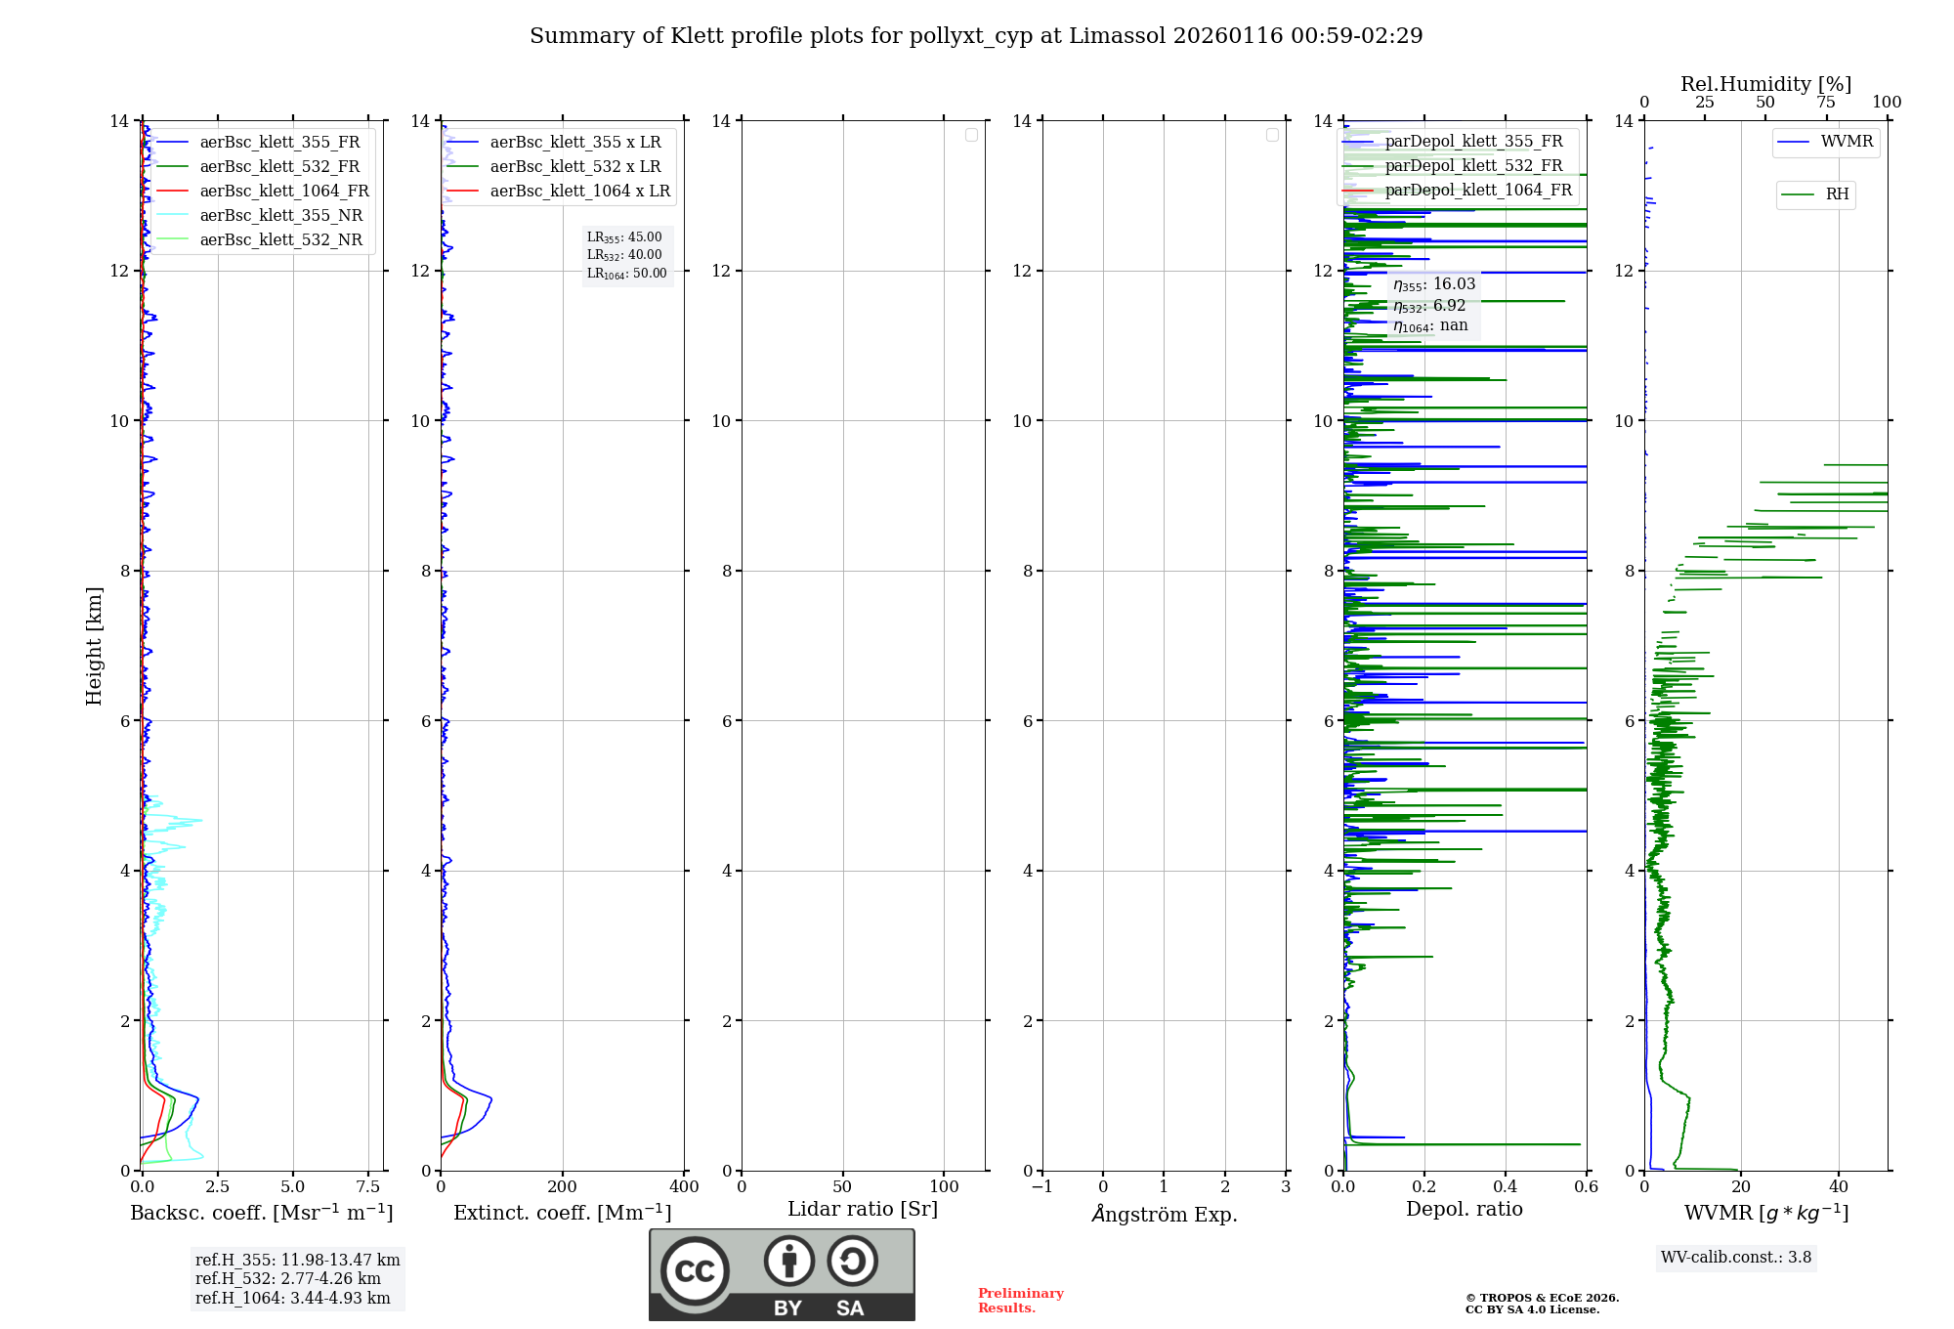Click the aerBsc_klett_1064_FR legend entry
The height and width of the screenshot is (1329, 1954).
click(x=283, y=191)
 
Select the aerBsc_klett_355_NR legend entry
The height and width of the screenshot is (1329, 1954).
click(x=280, y=215)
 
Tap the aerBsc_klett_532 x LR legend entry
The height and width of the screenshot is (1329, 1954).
click(x=574, y=166)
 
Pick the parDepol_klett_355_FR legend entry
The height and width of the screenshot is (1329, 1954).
click(x=1473, y=141)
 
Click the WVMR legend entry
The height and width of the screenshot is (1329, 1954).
click(x=1847, y=142)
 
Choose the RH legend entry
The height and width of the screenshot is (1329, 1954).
click(x=1837, y=194)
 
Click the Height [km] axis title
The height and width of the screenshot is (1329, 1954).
click(x=94, y=646)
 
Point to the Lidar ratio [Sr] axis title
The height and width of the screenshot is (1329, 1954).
click(x=863, y=1209)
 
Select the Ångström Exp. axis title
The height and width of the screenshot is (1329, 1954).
click(x=1165, y=1214)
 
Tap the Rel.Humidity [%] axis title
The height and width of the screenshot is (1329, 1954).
click(x=1765, y=84)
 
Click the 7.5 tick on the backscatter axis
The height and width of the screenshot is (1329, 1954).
click(x=368, y=1186)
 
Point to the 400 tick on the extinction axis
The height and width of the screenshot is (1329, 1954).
click(x=684, y=1186)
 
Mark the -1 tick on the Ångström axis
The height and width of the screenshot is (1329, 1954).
click(x=1042, y=1186)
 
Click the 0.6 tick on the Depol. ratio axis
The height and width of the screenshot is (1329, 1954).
click(x=1586, y=1186)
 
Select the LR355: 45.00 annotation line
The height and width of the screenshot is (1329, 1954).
click(x=624, y=237)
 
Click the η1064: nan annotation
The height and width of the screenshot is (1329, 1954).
click(x=1430, y=325)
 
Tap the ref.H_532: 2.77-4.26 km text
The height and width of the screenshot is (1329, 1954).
click(x=288, y=1278)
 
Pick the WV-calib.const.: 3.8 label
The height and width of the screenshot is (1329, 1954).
click(x=1736, y=1257)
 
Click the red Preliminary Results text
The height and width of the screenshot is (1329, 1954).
click(x=1020, y=1300)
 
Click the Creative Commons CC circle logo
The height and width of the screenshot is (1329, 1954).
click(x=695, y=1270)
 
